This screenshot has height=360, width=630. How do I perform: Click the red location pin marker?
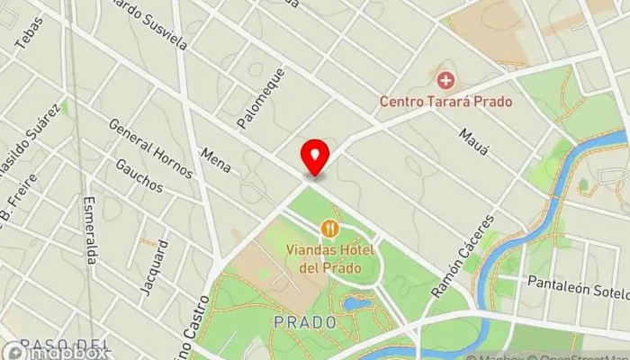point(315,157)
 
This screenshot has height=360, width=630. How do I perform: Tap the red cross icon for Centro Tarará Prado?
point(445,80)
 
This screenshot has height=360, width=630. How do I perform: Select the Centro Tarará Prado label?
point(445,101)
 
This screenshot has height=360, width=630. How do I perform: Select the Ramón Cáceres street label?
point(463,256)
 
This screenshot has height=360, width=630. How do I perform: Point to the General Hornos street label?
point(150,148)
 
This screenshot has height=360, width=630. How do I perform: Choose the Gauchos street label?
point(139,175)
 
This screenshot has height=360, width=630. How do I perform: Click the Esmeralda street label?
point(89,229)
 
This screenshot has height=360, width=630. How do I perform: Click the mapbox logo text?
point(63,352)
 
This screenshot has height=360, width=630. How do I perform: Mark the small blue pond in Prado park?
point(356,303)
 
